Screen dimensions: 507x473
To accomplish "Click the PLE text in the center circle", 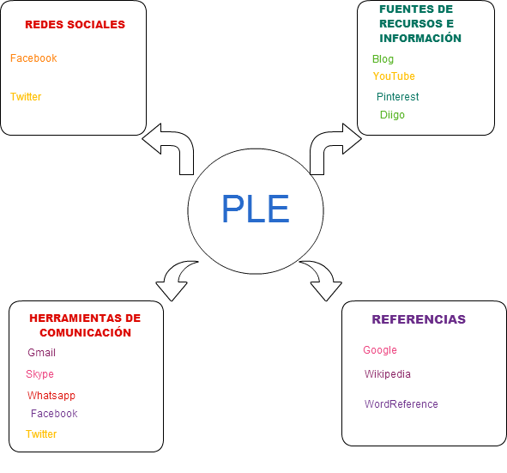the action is click(x=256, y=209).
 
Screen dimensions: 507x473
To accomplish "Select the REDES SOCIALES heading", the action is click(x=75, y=25).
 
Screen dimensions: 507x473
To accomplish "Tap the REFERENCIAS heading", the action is click(x=419, y=319).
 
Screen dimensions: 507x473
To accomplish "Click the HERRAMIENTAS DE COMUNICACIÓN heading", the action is click(x=85, y=325).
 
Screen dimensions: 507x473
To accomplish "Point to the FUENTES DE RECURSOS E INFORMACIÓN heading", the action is click(x=420, y=24).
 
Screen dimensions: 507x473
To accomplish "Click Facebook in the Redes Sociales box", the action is click(x=33, y=58).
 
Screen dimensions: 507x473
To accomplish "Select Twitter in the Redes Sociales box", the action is click(x=26, y=97).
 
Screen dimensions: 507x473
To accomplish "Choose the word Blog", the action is click(x=383, y=59).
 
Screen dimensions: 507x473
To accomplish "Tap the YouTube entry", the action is click(x=394, y=76).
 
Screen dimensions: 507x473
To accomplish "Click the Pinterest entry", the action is click(x=398, y=96).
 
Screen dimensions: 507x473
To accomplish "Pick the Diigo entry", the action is click(x=392, y=115).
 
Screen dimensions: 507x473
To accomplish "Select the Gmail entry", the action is click(x=42, y=352).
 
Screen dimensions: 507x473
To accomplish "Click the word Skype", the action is click(x=39, y=374).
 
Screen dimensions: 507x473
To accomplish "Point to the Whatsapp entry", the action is click(x=51, y=396).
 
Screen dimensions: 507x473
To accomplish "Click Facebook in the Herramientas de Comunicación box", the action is click(x=54, y=414).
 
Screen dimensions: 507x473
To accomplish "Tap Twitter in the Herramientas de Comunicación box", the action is click(x=41, y=434).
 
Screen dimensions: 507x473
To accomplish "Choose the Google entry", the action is click(x=380, y=350).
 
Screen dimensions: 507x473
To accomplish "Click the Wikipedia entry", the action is click(x=388, y=374).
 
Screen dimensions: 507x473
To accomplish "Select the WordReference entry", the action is click(x=401, y=403).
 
